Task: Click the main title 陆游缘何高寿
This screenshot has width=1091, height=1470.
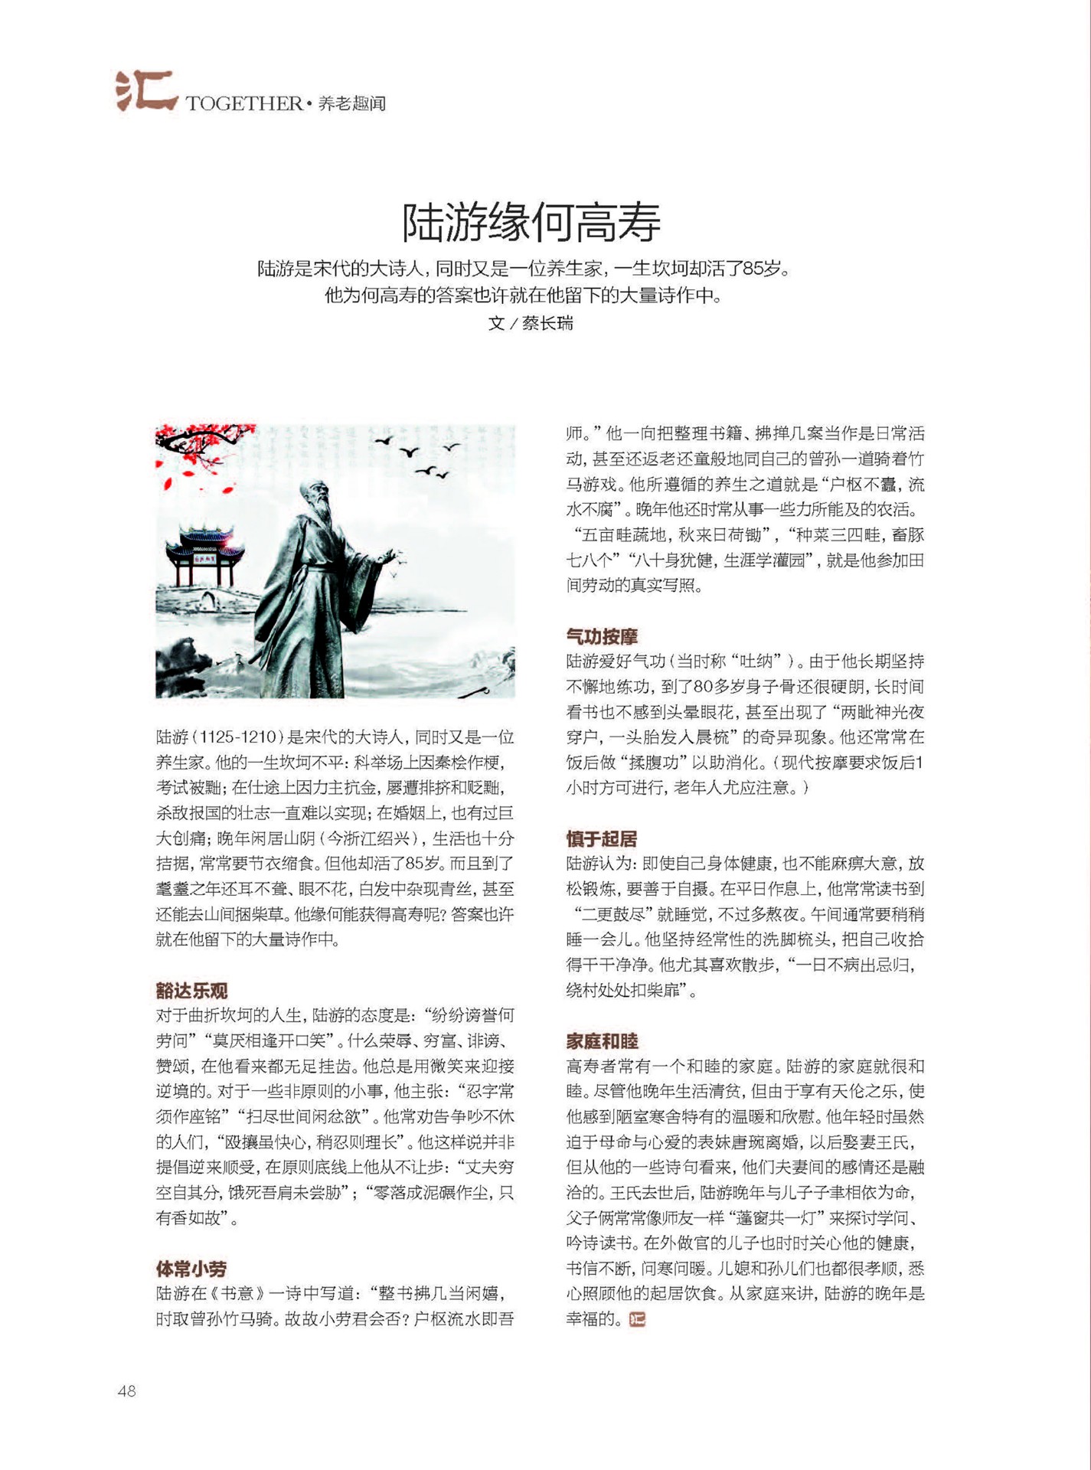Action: [x=531, y=222]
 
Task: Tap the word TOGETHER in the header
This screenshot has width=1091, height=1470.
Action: [x=243, y=103]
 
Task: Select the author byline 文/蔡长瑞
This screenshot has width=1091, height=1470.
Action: [x=531, y=323]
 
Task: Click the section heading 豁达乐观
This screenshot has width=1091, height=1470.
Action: [x=191, y=991]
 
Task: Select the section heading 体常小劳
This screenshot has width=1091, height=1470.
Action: [x=191, y=1269]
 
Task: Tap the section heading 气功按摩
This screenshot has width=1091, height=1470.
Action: [x=602, y=636]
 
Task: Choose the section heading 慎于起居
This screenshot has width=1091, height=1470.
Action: [x=602, y=838]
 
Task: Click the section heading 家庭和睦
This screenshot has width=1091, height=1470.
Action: [x=602, y=1041]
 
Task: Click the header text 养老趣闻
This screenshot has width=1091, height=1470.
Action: [x=352, y=103]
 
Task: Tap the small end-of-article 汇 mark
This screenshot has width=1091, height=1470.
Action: [x=637, y=1319]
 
